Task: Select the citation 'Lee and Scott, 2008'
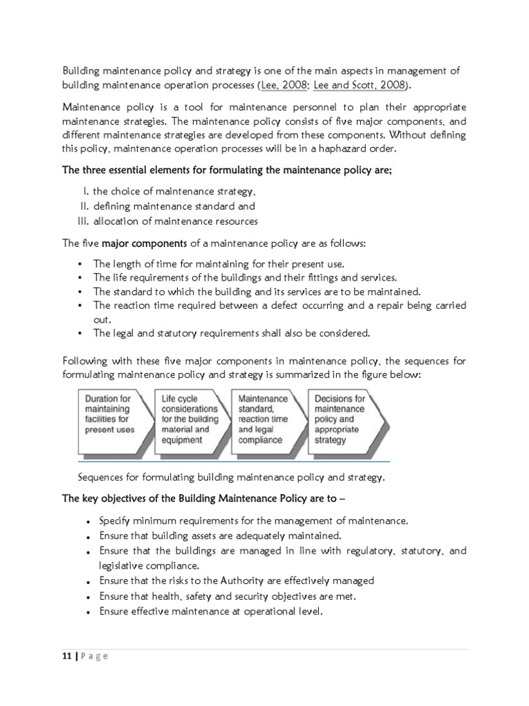359,85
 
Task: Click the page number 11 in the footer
65,656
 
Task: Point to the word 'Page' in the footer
94,656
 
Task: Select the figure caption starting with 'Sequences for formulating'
231,477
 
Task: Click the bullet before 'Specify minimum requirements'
87,521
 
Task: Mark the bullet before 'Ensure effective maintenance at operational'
87,612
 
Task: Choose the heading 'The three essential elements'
227,170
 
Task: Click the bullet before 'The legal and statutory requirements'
81,334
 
